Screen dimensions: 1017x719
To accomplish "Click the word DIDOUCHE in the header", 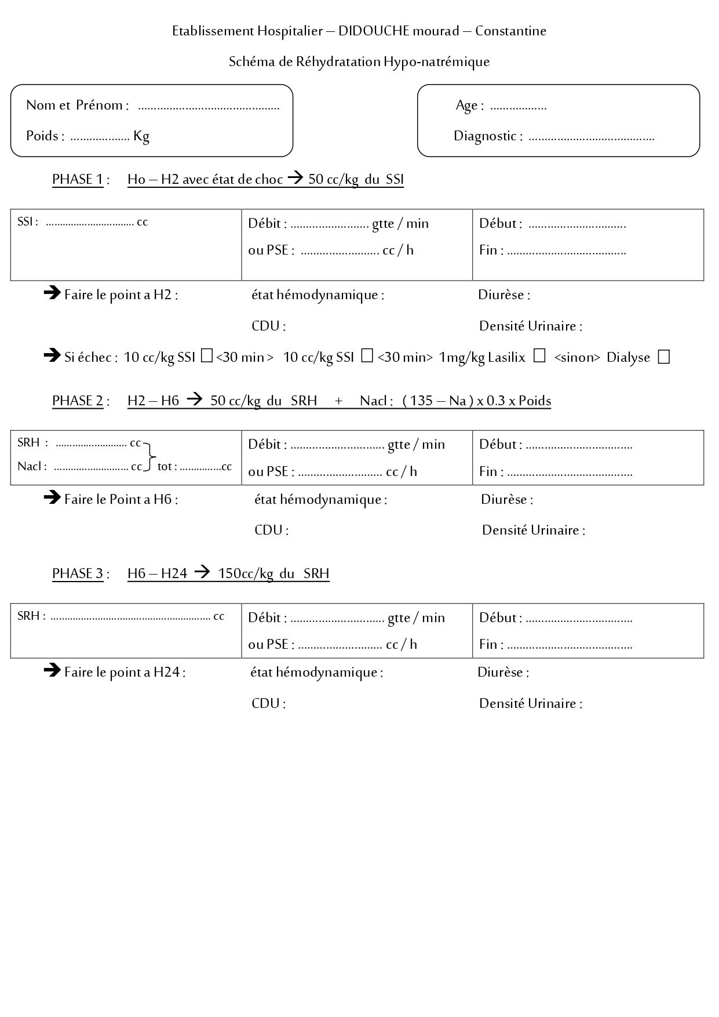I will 373,31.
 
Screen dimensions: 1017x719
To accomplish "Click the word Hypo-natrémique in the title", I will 436,62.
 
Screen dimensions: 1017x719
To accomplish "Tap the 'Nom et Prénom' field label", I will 74,106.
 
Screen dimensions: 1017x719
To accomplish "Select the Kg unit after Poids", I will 141,136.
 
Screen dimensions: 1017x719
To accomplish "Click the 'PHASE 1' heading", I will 78,180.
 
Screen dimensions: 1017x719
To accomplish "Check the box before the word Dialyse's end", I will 664,357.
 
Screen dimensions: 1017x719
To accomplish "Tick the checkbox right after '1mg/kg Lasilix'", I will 539,357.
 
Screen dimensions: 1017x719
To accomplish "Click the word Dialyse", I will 628,358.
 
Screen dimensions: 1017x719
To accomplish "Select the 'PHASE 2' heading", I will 78,401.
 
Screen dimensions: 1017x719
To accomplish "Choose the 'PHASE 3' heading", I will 78,574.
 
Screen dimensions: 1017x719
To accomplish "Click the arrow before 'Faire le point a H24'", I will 52,671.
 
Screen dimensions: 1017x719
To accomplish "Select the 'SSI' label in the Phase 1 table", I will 26,222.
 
